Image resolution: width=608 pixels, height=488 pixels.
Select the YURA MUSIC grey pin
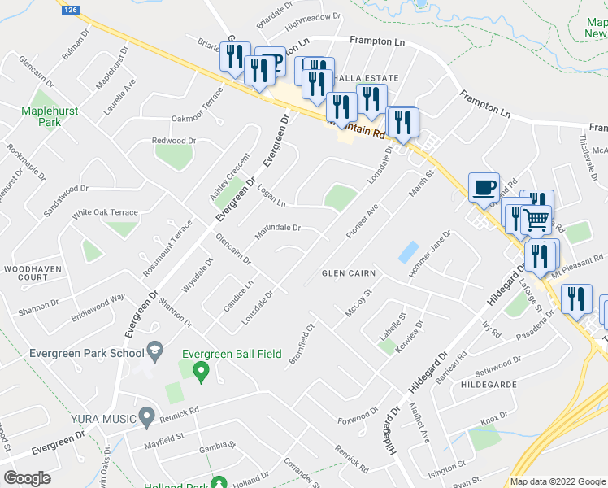147,417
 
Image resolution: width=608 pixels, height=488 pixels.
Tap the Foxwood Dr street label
358,416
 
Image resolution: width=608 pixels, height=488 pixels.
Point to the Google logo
27,477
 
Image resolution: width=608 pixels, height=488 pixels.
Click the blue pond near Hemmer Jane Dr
408,252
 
